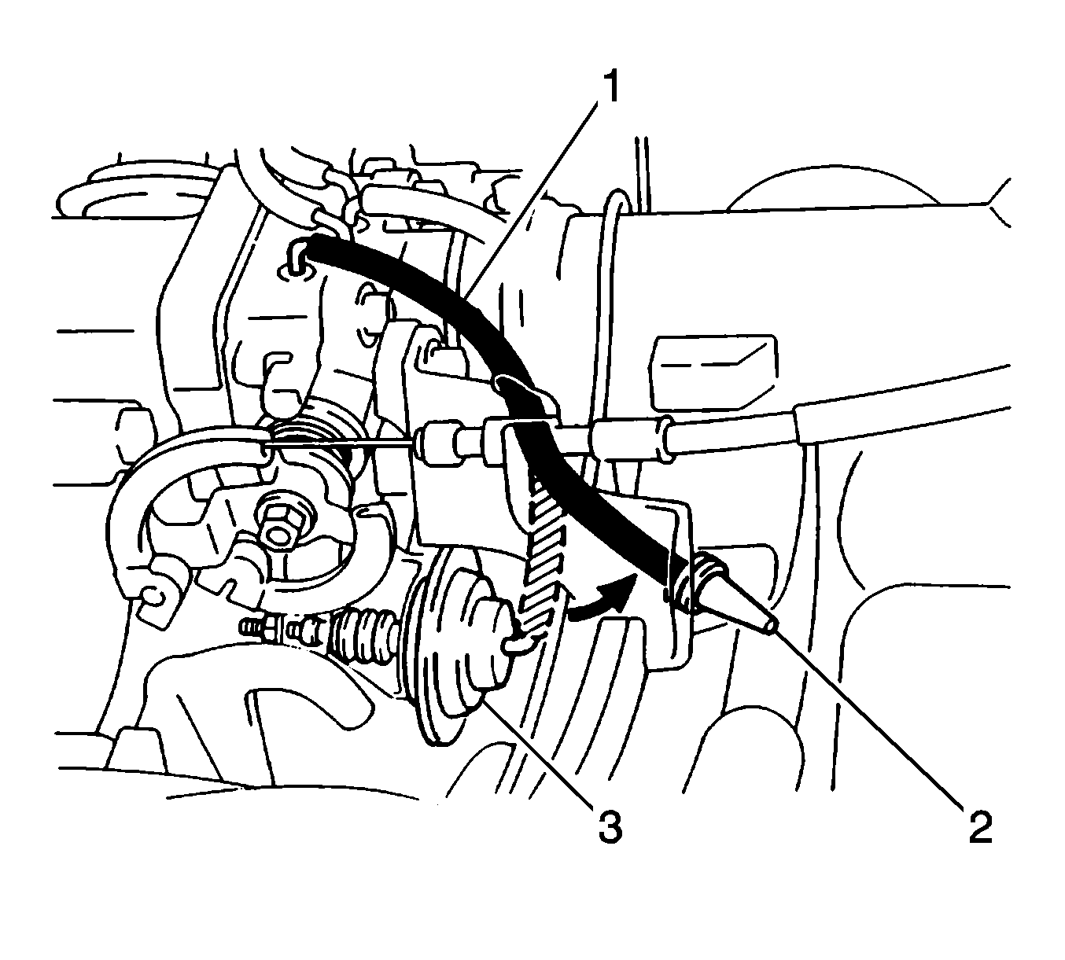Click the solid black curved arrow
(x=603, y=598)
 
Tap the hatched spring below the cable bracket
(x=541, y=552)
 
